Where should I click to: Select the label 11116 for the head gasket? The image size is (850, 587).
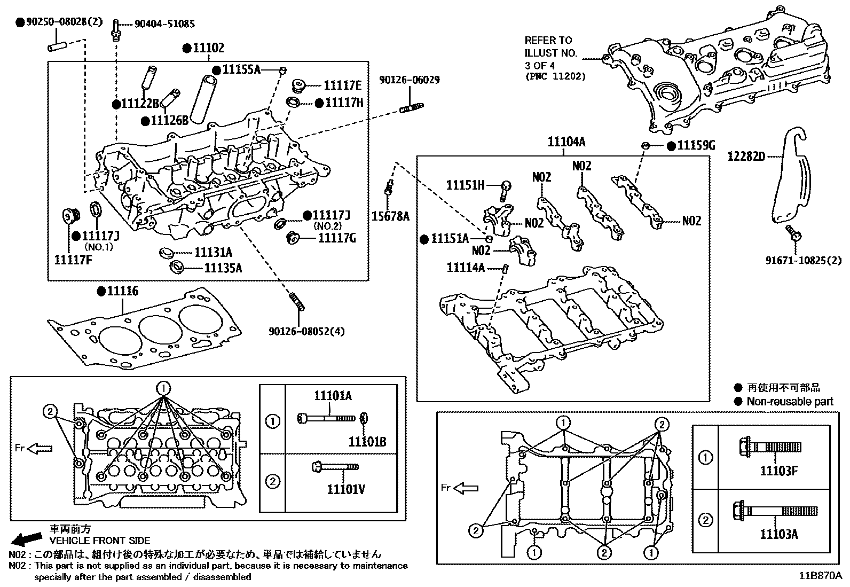(x=122, y=291)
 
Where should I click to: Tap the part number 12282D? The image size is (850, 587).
(x=746, y=156)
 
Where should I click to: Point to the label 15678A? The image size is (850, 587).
(x=390, y=216)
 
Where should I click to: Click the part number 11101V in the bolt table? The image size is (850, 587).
(x=347, y=489)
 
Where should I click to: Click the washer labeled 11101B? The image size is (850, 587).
(x=364, y=418)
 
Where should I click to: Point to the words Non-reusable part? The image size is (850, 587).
(x=790, y=402)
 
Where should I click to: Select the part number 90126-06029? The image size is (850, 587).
(x=410, y=80)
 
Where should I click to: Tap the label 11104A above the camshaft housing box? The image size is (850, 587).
(x=566, y=142)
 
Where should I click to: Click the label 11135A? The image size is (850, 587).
(x=223, y=268)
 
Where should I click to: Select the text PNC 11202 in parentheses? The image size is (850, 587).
(x=555, y=76)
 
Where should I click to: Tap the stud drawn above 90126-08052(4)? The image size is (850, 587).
(x=297, y=301)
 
